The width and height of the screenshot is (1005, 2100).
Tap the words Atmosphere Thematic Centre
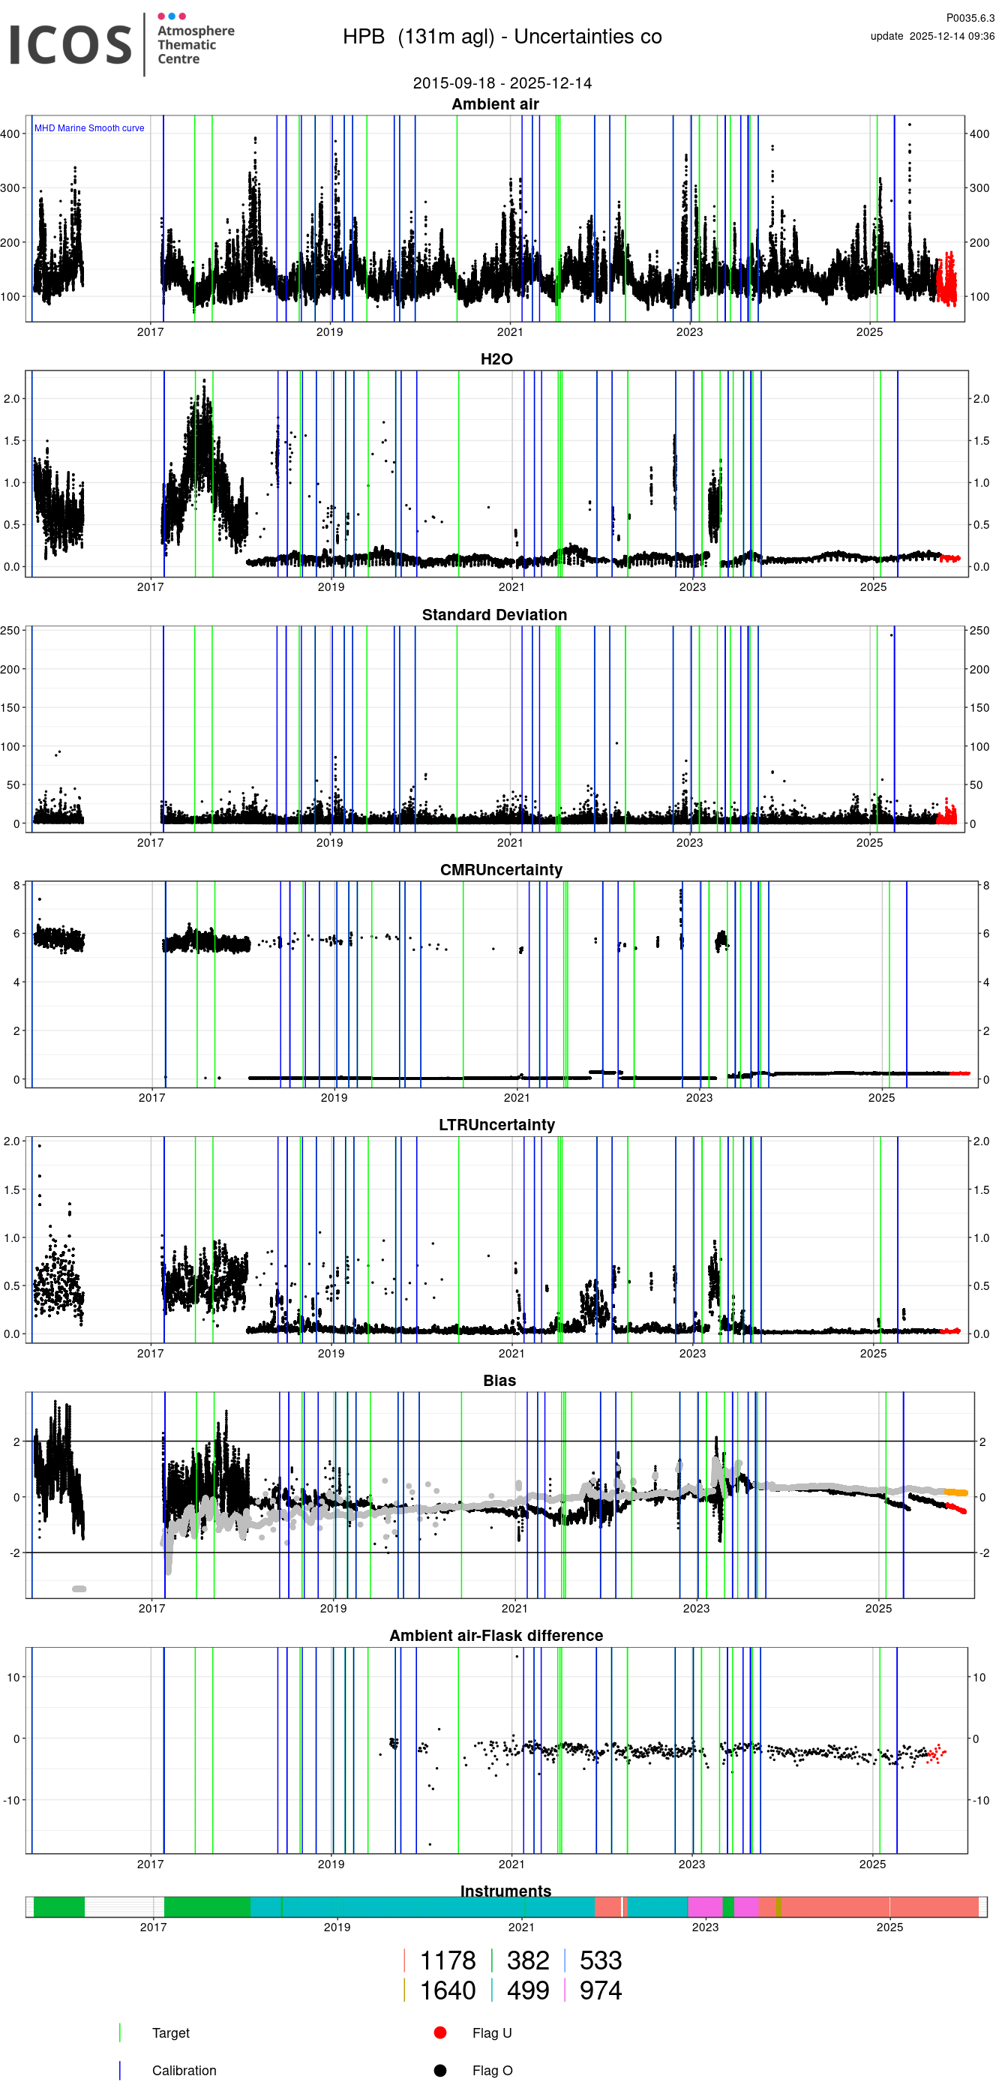(x=195, y=45)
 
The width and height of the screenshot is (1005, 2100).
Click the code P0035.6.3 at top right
(x=969, y=18)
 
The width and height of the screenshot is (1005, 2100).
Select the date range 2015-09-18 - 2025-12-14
(x=501, y=83)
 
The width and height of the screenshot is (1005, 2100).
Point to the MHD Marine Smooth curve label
(x=88, y=128)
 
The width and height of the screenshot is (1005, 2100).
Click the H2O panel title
(x=496, y=359)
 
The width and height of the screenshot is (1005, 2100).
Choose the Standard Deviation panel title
(x=494, y=615)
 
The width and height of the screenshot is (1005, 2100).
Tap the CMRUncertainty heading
(x=500, y=870)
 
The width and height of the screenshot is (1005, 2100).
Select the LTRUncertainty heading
(x=496, y=1125)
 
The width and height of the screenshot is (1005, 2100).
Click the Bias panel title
(x=499, y=1380)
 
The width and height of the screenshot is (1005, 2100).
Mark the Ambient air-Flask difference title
(x=496, y=1635)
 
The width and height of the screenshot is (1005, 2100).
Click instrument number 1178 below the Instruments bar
(x=447, y=1960)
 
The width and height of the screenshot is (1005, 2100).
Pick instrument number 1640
(x=447, y=1990)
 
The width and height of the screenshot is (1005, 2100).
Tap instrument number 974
(x=600, y=1990)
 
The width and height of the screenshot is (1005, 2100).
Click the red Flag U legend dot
(x=440, y=2032)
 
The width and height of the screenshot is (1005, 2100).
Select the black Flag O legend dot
(x=440, y=2070)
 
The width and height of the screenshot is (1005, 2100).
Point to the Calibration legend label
(x=184, y=2070)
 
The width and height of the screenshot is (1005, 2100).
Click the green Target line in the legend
(x=120, y=2032)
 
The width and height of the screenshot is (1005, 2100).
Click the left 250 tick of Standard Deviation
(x=10, y=630)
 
